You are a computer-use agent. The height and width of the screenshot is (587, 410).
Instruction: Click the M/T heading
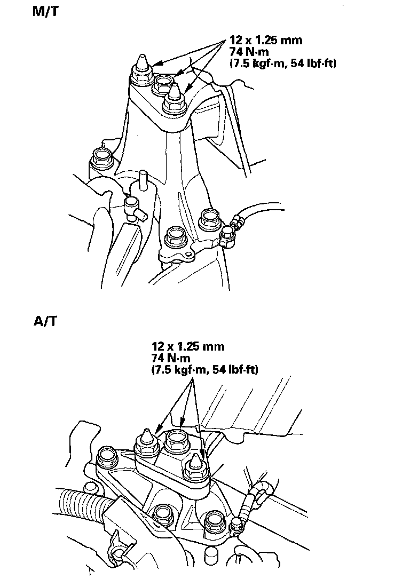(45, 12)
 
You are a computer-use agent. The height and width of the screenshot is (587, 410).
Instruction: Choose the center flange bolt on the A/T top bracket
(176, 441)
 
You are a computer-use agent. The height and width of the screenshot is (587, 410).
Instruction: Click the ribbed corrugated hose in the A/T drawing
(80, 504)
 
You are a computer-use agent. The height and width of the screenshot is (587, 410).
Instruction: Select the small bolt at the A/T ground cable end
(235, 527)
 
